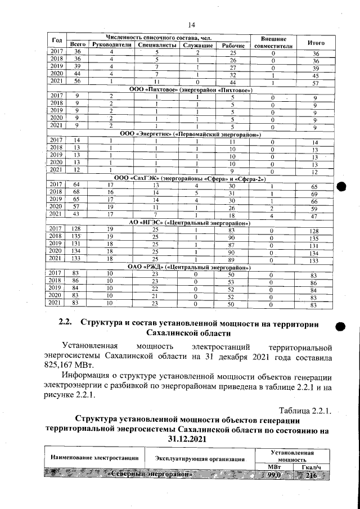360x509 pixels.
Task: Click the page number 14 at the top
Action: coord(191,24)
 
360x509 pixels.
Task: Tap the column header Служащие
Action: coord(196,44)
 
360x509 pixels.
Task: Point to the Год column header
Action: coord(56,40)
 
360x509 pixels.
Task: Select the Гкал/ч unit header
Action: coord(310,467)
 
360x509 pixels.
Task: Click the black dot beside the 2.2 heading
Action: coord(339,327)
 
